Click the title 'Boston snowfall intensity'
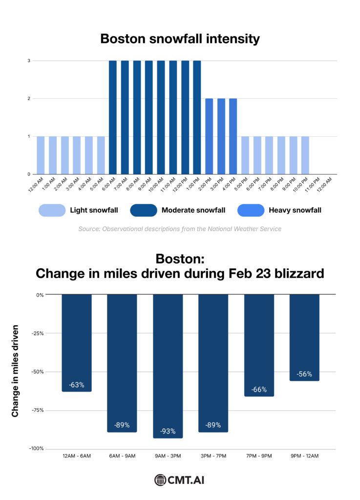[180, 39]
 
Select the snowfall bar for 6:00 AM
[113, 117]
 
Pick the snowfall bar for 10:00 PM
[305, 155]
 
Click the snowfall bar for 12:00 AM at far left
[41, 155]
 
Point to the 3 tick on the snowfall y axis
[29, 61]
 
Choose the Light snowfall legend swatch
[52, 210]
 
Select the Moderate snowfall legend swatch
[144, 210]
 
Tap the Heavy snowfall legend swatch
[251, 210]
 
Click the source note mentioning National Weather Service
[180, 229]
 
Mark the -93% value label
[168, 432]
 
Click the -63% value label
[76, 385]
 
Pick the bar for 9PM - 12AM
[304, 337]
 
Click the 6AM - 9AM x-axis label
[122, 456]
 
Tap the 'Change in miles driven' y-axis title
[15, 371]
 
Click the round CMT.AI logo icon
[160, 480]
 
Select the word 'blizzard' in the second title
[296, 273]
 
